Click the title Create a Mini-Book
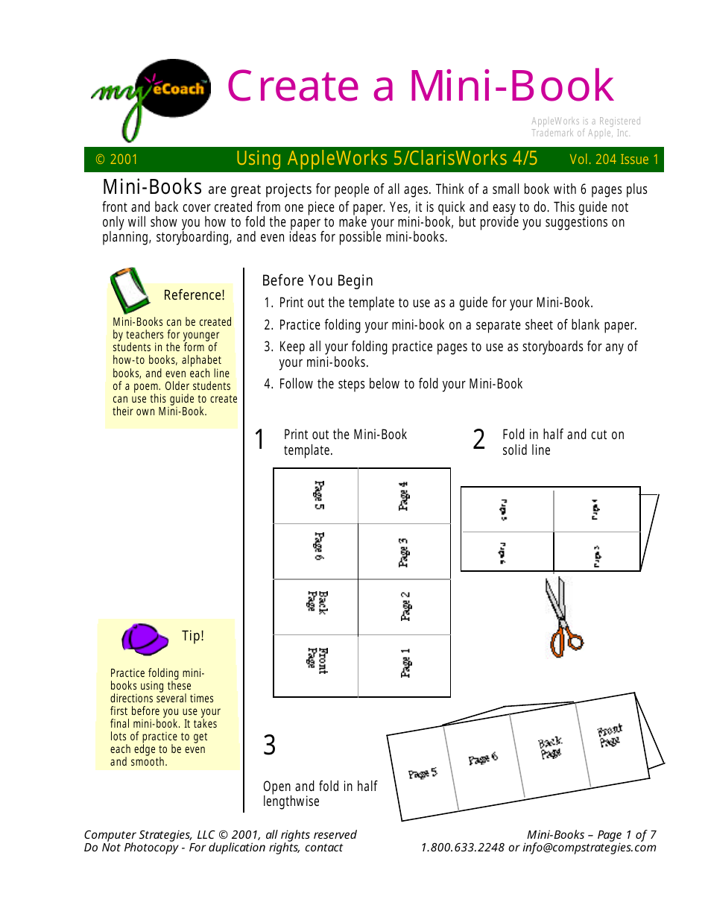point(420,86)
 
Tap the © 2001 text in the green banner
point(117,160)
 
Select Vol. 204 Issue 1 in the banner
point(614,160)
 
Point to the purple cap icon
point(145,639)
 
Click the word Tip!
point(193,636)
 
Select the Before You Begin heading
point(317,281)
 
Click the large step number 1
point(259,440)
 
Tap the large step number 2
point(479,440)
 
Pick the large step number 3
point(270,746)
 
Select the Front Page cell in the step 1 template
point(317,661)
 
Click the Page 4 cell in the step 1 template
point(403,496)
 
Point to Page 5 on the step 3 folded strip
point(423,773)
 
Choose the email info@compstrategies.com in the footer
point(590,848)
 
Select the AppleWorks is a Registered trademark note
point(586,127)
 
